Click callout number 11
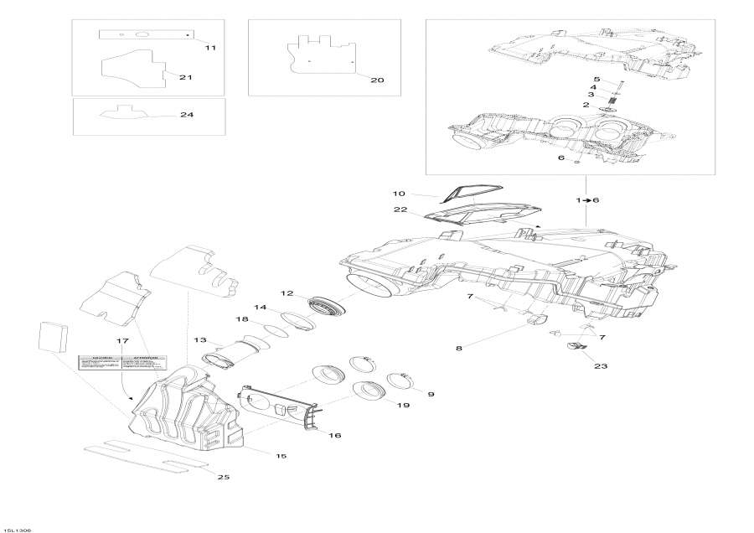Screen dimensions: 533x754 [210, 48]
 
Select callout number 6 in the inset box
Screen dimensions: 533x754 [561, 158]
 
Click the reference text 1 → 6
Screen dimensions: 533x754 [587, 200]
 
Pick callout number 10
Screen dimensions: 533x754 [399, 194]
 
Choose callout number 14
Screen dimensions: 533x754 [261, 307]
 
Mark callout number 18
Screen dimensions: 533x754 [242, 319]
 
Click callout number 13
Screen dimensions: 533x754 [199, 339]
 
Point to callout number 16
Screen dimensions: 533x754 [334, 436]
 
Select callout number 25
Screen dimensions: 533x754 [223, 477]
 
